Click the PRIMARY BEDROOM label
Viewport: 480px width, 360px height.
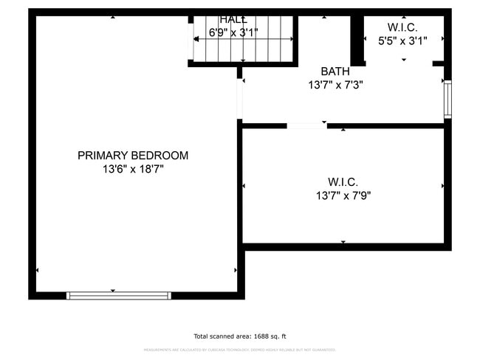pyautogui.click(x=133, y=156)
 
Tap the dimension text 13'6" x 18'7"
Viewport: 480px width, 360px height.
pyautogui.click(x=133, y=169)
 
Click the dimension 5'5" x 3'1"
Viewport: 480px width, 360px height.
pyautogui.click(x=402, y=41)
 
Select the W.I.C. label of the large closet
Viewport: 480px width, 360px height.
pyautogui.click(x=343, y=181)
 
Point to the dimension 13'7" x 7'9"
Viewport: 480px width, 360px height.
pyautogui.click(x=343, y=195)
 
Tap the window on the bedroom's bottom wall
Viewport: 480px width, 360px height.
pyautogui.click(x=118, y=295)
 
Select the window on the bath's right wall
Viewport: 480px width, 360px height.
pyautogui.click(x=448, y=100)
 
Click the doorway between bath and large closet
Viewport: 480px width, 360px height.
pyautogui.click(x=306, y=125)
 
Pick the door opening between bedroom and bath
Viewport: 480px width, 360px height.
pyautogui.click(x=239, y=98)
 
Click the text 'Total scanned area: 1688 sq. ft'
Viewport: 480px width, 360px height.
pyautogui.click(x=240, y=336)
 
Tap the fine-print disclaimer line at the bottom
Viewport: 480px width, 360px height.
pyautogui.click(x=240, y=350)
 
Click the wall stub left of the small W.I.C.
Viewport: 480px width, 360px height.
pyautogui.click(x=357, y=38)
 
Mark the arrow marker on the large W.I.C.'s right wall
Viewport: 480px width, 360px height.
pyautogui.click(x=442, y=186)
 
